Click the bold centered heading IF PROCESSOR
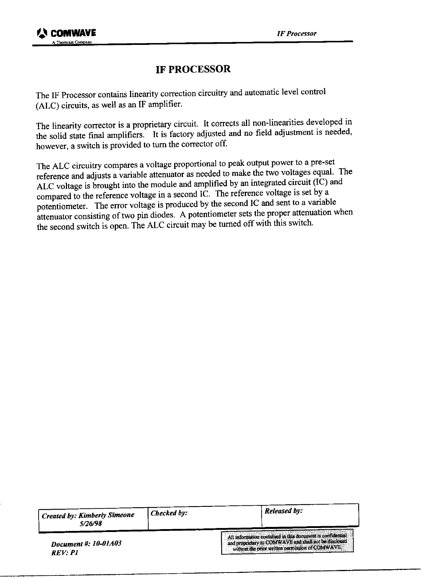(193, 69)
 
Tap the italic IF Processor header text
(297, 34)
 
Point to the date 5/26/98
(88, 524)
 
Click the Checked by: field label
(169, 513)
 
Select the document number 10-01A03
(107, 543)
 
